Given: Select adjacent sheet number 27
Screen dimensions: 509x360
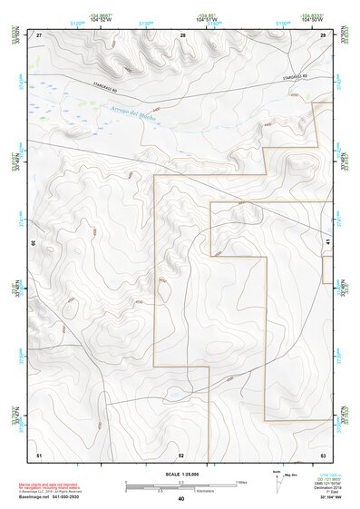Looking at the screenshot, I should pyautogui.click(x=39, y=34).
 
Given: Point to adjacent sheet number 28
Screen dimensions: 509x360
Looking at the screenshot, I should pyautogui.click(x=182, y=34).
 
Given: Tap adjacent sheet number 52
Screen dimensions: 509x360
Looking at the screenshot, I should pyautogui.click(x=181, y=454).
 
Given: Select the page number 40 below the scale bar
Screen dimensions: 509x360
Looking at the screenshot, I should pyautogui.click(x=181, y=499).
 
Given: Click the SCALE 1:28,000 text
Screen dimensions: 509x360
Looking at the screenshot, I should pyautogui.click(x=182, y=475).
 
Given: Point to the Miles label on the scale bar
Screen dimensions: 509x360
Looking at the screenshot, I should pyautogui.click(x=241, y=482).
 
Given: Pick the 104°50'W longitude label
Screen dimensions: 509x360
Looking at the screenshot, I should pyautogui.click(x=313, y=20).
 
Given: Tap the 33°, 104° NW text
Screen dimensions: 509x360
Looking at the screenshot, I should pyautogui.click(x=334, y=499).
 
